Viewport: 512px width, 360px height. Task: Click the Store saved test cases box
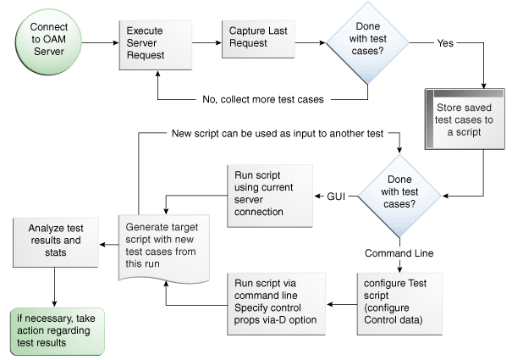(462, 121)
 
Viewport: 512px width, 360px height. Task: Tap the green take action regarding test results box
(55, 330)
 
